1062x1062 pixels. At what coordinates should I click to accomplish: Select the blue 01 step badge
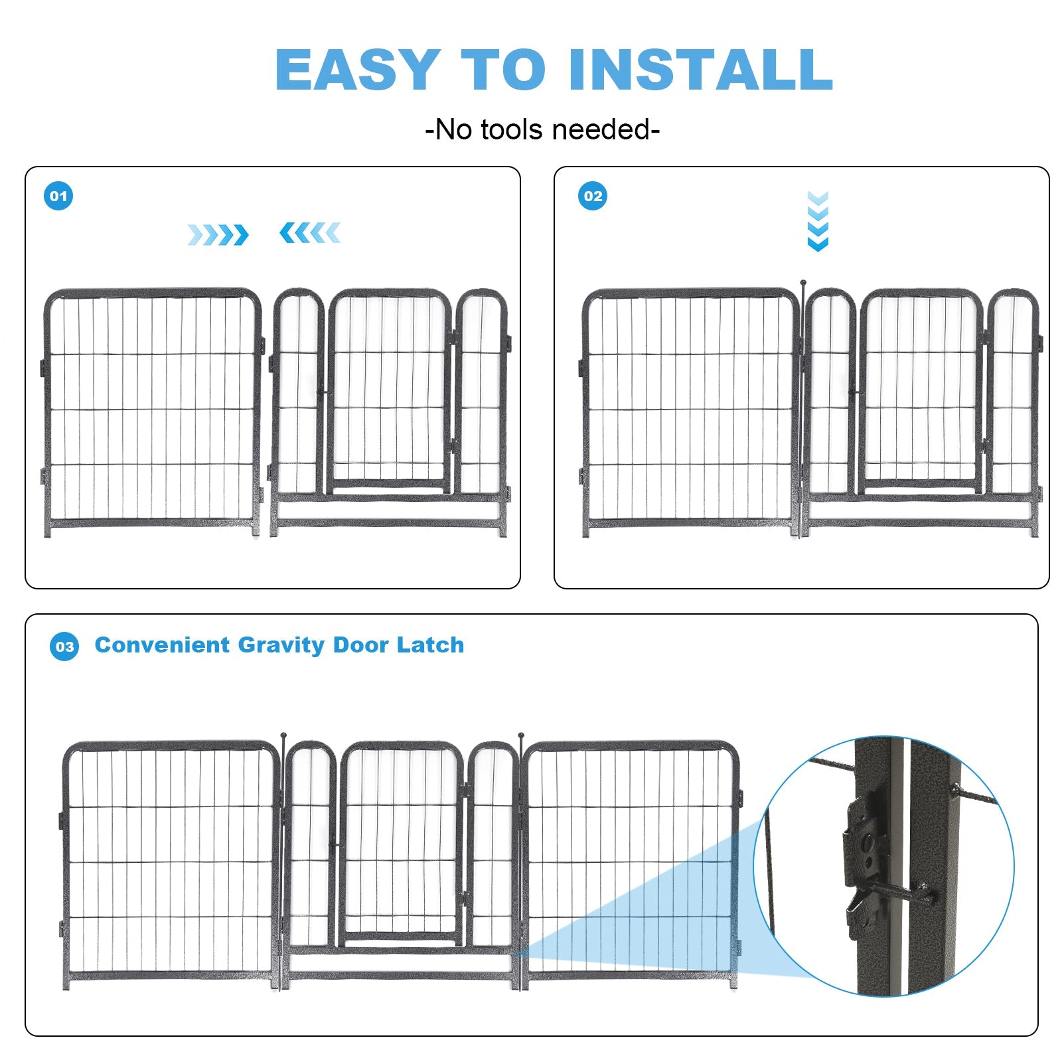[x=58, y=196]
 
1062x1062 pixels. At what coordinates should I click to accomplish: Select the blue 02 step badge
[x=593, y=196]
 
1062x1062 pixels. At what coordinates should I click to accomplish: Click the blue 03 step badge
[x=64, y=646]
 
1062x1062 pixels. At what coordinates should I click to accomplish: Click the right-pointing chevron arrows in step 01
[x=218, y=234]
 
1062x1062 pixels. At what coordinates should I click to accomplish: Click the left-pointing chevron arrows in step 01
[x=310, y=233]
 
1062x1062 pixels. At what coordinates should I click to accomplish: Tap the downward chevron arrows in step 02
[x=818, y=221]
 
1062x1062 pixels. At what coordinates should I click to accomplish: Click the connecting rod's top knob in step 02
[x=802, y=283]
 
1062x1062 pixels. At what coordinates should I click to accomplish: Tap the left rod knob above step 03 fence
[x=284, y=735]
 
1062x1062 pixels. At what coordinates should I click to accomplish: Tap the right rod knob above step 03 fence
[x=521, y=735]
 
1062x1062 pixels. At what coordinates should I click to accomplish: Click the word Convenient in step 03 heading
[x=162, y=645]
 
